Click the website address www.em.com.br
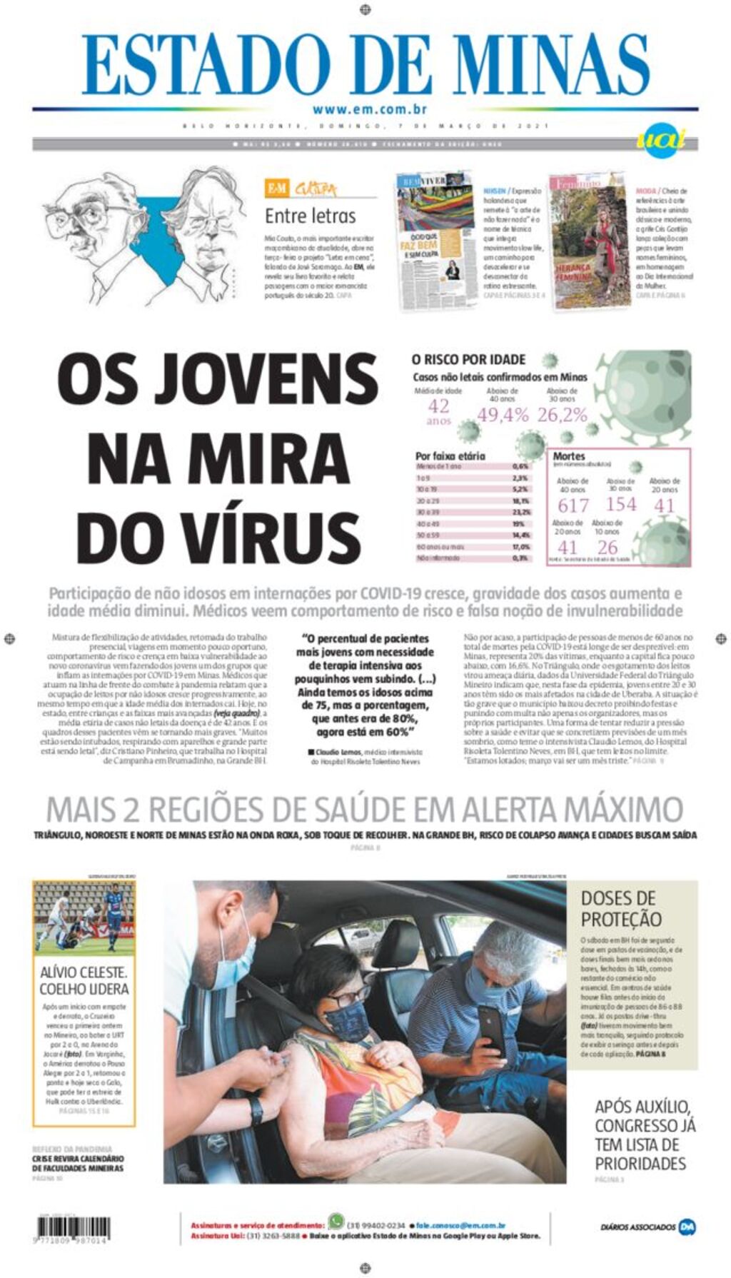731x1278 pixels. (369, 109)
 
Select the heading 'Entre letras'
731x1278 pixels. (310, 216)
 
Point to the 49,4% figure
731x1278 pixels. (503, 415)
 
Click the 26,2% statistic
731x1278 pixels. (562, 415)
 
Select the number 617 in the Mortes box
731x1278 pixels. (573, 505)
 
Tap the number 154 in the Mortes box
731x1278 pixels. (620, 504)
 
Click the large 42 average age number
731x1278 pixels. (438, 406)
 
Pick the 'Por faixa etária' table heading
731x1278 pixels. (450, 456)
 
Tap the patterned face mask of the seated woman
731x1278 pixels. (348, 1020)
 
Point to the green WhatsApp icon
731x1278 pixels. (336, 1221)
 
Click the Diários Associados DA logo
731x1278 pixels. (686, 1227)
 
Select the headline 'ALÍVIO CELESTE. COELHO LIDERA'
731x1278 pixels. (84, 980)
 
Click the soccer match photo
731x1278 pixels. (84, 917)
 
